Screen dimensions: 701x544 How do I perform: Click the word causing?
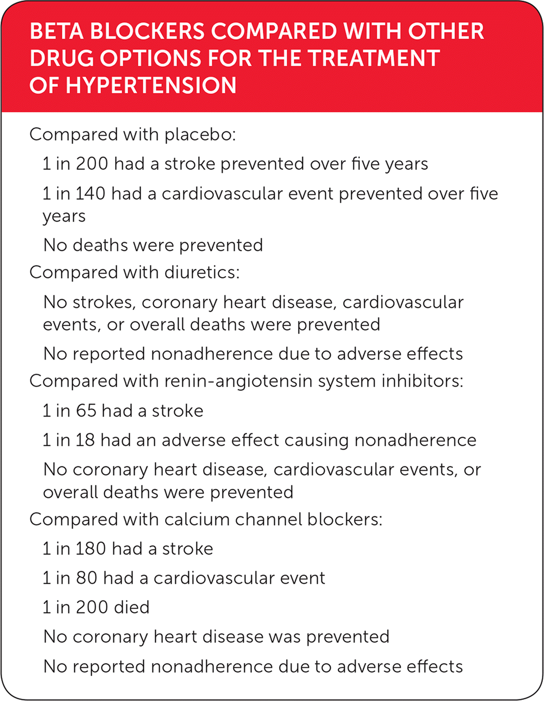(317, 440)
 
